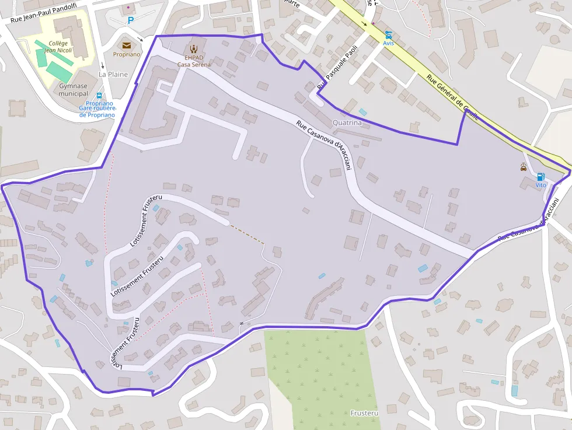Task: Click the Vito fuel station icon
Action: point(540,177)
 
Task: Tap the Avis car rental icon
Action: point(388,34)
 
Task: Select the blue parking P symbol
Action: point(131,20)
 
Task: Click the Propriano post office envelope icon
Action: point(127,45)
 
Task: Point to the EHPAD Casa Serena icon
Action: point(194,48)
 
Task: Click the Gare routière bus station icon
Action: point(99,96)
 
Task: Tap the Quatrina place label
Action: point(347,123)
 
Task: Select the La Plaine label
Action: point(113,74)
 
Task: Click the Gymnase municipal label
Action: point(74,90)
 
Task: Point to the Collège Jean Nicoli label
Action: point(58,47)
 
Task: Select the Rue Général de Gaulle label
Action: point(452,97)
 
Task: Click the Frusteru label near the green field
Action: point(365,413)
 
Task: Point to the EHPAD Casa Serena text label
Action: point(194,61)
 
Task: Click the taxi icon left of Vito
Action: point(524,167)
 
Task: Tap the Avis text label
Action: point(388,43)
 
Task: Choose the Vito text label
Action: point(540,185)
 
